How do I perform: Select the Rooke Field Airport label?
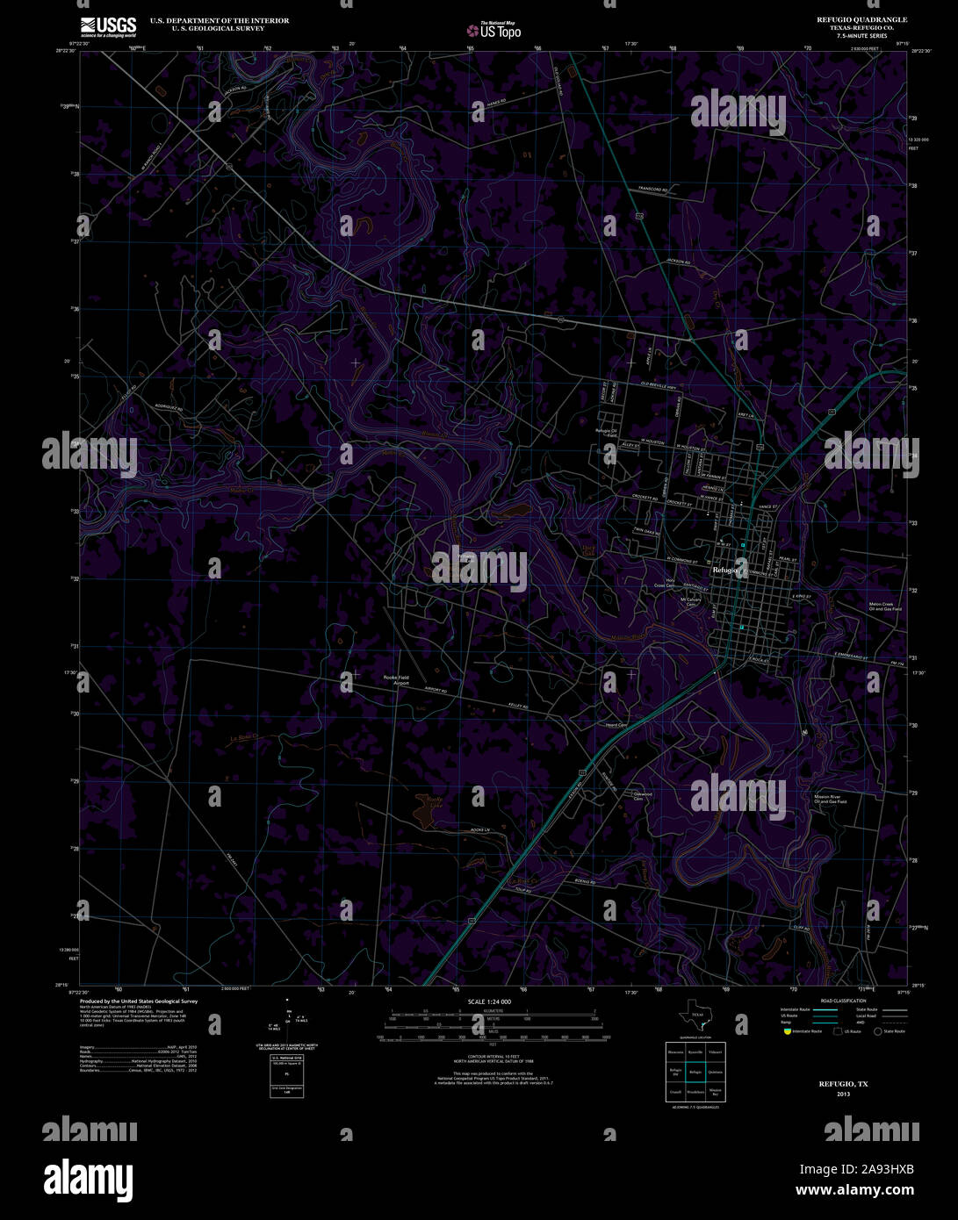[396, 680]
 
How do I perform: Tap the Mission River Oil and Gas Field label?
[830, 799]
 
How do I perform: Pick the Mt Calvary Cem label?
[690, 602]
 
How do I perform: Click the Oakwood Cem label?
[643, 796]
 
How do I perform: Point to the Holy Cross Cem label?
[671, 583]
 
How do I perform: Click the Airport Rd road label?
[436, 692]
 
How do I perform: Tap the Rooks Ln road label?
[479, 830]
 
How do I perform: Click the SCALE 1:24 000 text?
[489, 1001]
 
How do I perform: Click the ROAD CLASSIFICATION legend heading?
[843, 1001]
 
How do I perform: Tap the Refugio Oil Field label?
[606, 433]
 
